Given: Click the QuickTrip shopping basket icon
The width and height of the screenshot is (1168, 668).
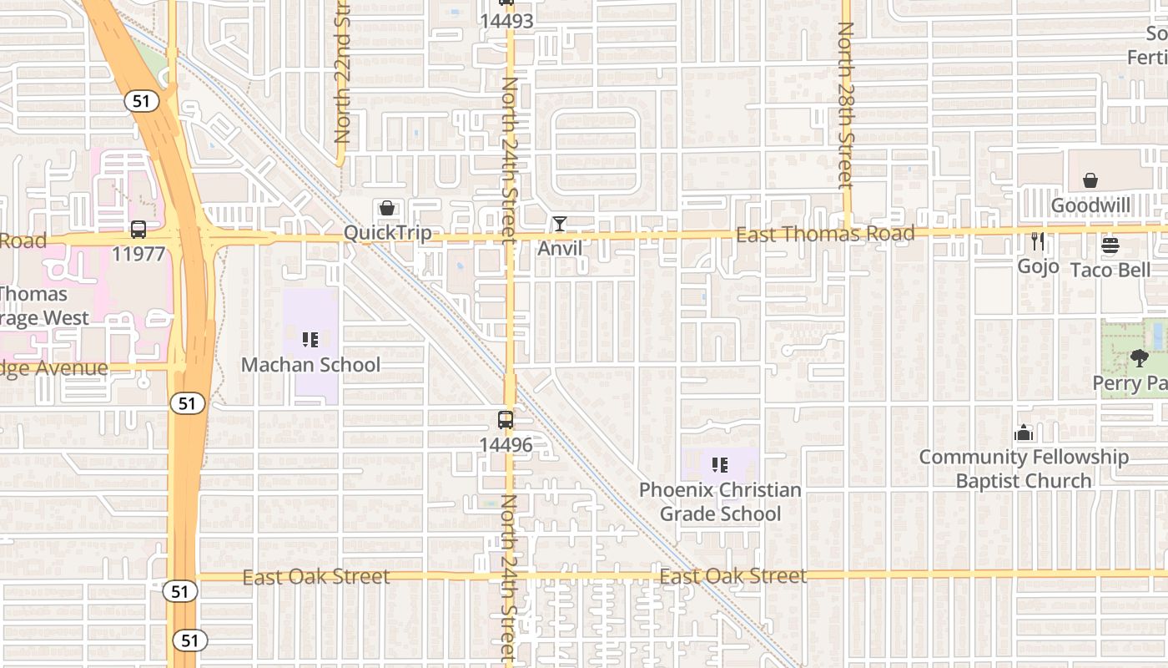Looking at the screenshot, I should point(387,208).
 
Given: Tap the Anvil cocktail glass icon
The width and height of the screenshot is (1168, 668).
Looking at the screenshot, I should point(559,224).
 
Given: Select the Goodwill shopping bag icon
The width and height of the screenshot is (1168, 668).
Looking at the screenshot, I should point(1090,180).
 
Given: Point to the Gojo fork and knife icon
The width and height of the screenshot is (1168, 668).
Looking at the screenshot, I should point(1038,241).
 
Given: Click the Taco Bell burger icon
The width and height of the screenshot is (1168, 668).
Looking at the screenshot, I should point(1110,245).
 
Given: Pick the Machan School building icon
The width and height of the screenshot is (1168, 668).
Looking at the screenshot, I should point(310,340).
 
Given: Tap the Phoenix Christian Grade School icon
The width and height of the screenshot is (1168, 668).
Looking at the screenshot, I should point(720,465).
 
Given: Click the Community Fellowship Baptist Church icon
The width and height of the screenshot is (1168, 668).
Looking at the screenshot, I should point(1024,433).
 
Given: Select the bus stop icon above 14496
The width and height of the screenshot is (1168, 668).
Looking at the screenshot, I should point(506,420).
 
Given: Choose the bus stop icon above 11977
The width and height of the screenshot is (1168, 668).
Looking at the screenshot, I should point(138,229).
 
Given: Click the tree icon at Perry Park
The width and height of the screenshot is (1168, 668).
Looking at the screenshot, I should point(1139,358).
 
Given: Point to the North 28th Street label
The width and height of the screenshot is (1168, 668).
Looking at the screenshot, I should point(846,104).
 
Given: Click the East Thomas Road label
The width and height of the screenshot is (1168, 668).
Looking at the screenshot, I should point(825,234).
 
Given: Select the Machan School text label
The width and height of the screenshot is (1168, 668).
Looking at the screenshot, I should point(310,365).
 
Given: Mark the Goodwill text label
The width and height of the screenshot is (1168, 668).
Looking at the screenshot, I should point(1090,205).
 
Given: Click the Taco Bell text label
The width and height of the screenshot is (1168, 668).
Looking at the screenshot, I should point(1110,270).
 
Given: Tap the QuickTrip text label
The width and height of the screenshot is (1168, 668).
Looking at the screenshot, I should point(388,233).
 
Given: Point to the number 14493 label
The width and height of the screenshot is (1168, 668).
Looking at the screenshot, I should point(506,21).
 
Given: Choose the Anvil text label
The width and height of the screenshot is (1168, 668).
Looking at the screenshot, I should point(560,248).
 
